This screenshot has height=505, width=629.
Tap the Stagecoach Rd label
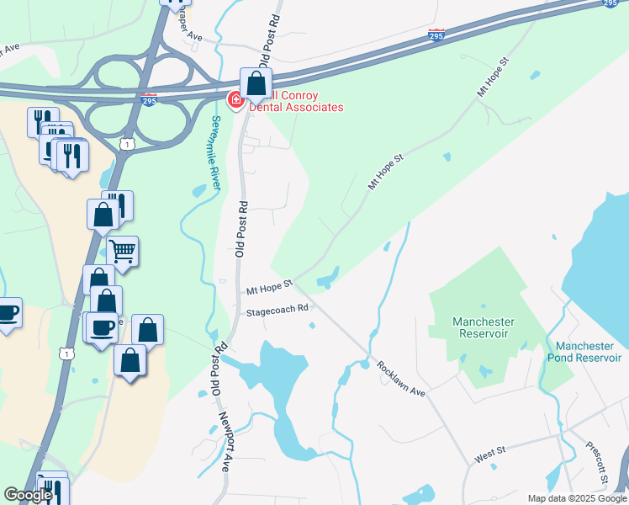coord(278,311)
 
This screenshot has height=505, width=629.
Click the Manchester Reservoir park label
coord(483,327)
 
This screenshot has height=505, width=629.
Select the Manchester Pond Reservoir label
coord(589,352)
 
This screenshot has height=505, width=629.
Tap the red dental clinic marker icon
coord(236,101)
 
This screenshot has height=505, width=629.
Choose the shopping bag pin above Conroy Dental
coord(256,83)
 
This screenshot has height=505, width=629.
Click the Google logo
coord(28,496)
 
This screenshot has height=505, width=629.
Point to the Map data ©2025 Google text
coord(577,498)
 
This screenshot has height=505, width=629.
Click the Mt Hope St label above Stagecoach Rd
coord(268,289)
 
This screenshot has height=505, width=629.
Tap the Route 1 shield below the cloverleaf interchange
coord(126,145)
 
